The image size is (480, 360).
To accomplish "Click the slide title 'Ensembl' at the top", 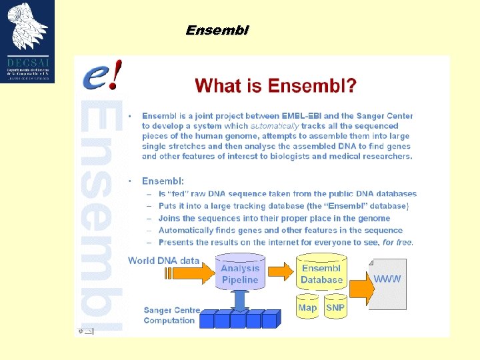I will pyautogui.click(x=217, y=31).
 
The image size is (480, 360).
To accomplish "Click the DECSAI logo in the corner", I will pyautogui.click(x=27, y=41).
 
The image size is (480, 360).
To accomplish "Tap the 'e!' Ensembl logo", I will pyautogui.click(x=102, y=75).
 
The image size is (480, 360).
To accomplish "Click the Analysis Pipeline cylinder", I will pyautogui.click(x=240, y=273).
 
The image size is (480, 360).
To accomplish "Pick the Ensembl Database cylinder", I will pyautogui.click(x=321, y=273).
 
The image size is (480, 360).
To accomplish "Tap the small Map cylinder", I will pyautogui.click(x=307, y=307).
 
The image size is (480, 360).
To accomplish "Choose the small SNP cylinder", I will pyautogui.click(x=335, y=307).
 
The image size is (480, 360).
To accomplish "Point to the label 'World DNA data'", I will pyautogui.click(x=163, y=261).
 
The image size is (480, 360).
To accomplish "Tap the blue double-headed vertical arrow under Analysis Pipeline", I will pyautogui.click(x=241, y=300).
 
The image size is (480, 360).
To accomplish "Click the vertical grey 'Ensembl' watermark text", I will pyautogui.click(x=101, y=213).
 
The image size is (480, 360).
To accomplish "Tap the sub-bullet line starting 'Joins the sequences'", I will pyautogui.click(x=274, y=218).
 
